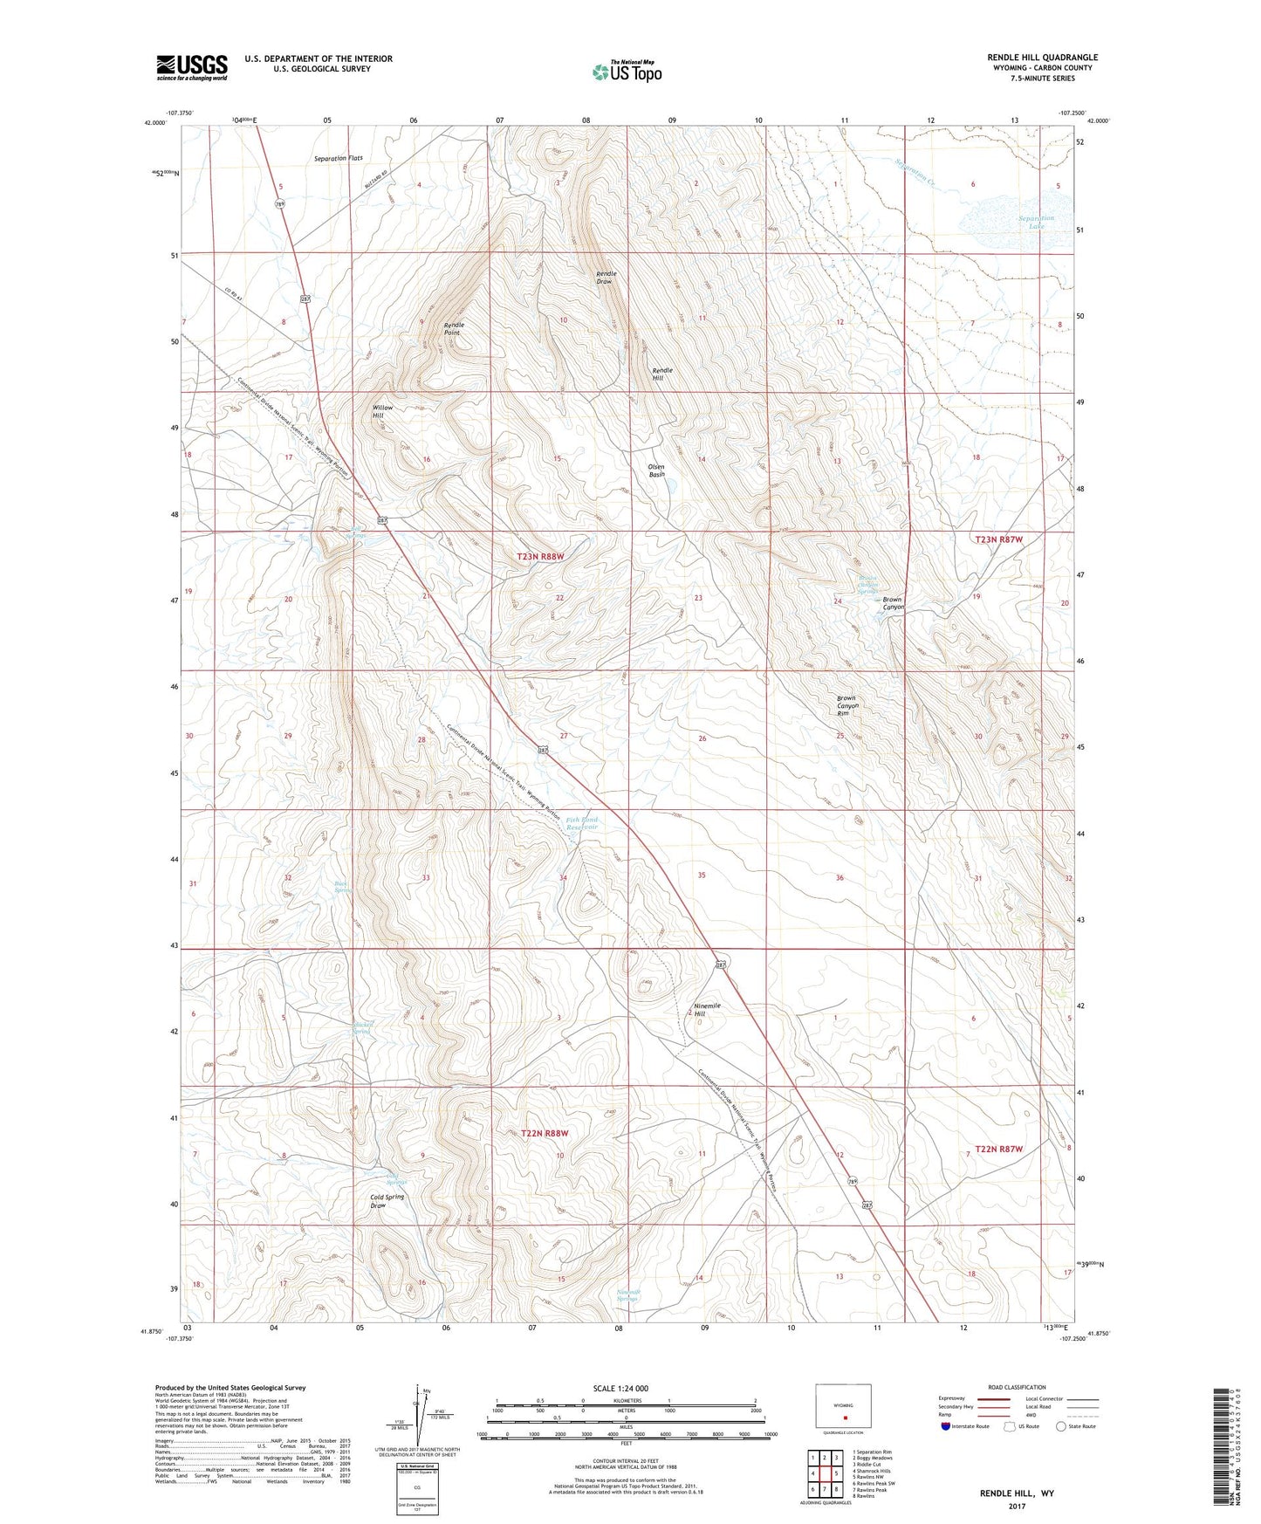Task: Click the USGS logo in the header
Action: pos(192,67)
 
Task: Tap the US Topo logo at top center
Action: pos(626,72)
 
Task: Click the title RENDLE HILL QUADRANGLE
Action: pos(1030,58)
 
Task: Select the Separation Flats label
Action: pos(338,159)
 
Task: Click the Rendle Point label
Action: pos(454,329)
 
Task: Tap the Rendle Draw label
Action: pos(606,278)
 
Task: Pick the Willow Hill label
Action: pos(383,412)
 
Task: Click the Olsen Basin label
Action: pos(656,470)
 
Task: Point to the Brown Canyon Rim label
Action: pos(846,705)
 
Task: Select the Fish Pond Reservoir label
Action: pos(581,823)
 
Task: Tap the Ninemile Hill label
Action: pos(707,1010)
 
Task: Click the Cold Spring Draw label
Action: pos(387,1201)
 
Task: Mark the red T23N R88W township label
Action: pos(541,556)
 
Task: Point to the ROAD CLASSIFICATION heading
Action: pos(1016,1387)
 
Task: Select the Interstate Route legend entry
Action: pos(964,1426)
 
